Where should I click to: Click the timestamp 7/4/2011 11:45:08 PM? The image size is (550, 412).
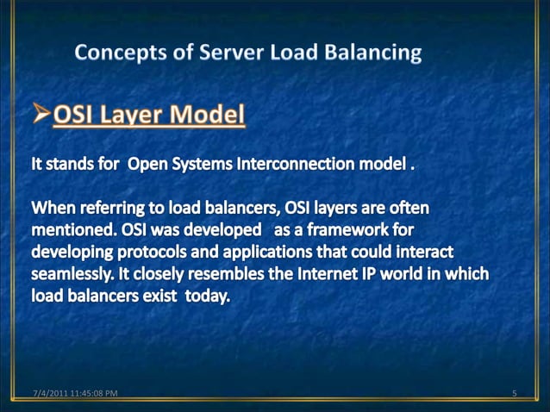70,395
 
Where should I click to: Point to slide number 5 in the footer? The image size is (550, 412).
513,395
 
